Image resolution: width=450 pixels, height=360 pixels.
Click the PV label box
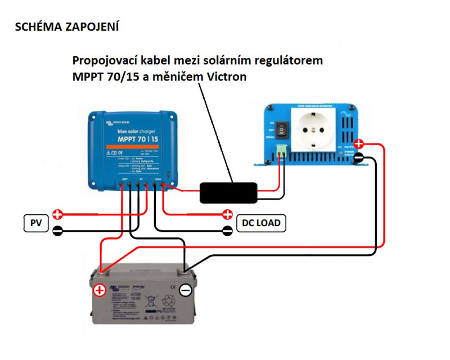point(35,223)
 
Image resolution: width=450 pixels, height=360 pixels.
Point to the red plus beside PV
point(57,214)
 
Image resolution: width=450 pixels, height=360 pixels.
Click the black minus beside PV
point(57,230)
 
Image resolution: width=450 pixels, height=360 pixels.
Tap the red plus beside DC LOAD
point(227,214)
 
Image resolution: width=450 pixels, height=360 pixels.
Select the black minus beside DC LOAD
point(227,230)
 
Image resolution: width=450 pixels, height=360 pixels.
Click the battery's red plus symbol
point(100,290)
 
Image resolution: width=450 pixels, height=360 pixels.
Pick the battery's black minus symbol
point(186,290)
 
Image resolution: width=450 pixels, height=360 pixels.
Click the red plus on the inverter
point(359,145)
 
